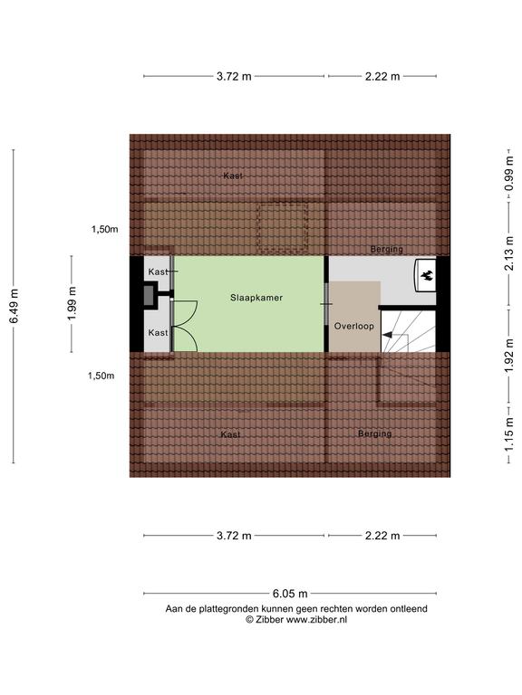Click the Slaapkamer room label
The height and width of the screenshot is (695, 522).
click(256, 298)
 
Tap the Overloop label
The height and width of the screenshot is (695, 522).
click(353, 326)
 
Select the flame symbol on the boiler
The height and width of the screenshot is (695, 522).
click(427, 276)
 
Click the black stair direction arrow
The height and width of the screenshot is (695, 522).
click(388, 335)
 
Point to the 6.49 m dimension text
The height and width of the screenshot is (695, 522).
click(14, 306)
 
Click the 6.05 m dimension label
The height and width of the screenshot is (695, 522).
click(290, 594)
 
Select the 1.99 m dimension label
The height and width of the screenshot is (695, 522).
click(72, 304)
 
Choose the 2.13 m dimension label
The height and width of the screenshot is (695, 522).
click(509, 253)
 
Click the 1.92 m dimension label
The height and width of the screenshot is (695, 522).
click(509, 356)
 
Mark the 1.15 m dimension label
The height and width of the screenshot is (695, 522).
click(509, 434)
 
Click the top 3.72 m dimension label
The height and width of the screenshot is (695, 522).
click(234, 76)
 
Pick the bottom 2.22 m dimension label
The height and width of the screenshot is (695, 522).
click(382, 536)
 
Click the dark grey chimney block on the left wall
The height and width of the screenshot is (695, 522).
click(149, 294)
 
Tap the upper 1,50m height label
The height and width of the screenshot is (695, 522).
click(105, 229)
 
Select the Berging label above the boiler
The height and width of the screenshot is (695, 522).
click(387, 249)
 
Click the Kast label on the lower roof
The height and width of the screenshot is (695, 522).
click(230, 434)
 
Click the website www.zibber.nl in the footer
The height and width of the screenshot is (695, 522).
click(316, 620)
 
